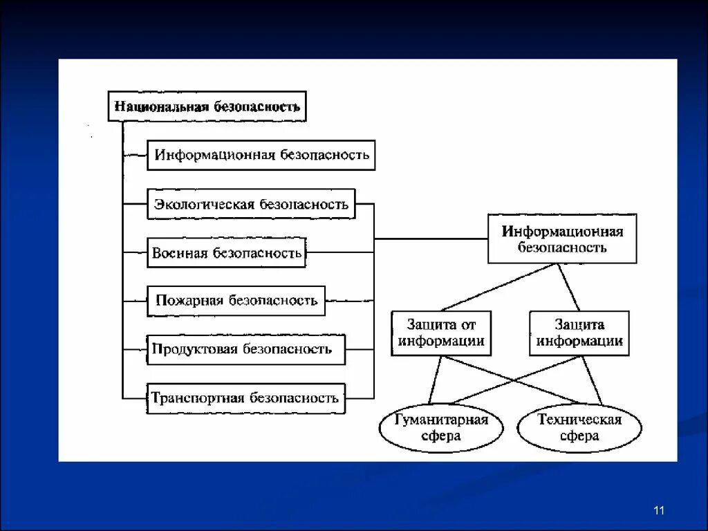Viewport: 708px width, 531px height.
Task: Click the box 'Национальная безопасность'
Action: pos(207,106)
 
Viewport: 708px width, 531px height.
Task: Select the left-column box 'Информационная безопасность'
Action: pos(261,155)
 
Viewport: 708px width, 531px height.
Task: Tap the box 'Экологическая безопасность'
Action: pos(251,204)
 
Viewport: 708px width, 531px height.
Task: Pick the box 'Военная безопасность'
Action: pos(227,253)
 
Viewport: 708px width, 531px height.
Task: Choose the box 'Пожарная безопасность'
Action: pos(236,300)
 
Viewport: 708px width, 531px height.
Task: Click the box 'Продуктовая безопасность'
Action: pos(245,349)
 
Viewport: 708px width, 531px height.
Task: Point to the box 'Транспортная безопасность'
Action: pos(245,398)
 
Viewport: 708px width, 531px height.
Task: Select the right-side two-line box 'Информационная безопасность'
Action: pos(562,239)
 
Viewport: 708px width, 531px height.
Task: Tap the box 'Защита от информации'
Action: pos(441,333)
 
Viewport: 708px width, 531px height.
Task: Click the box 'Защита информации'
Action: pos(579,333)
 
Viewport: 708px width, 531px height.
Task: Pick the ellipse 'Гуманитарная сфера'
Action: pos(441,428)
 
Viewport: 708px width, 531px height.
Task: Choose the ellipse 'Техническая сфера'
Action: pos(579,428)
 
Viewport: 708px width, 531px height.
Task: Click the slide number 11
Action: pos(658,510)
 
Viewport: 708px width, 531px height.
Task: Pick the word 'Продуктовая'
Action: pos(194,349)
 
